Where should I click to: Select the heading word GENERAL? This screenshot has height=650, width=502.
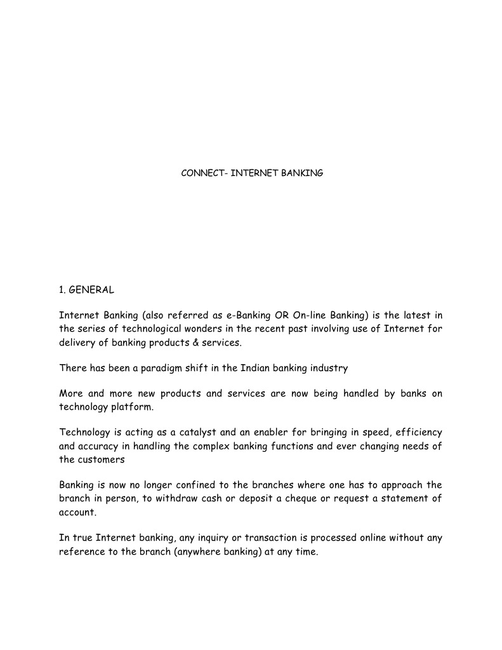(91, 290)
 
